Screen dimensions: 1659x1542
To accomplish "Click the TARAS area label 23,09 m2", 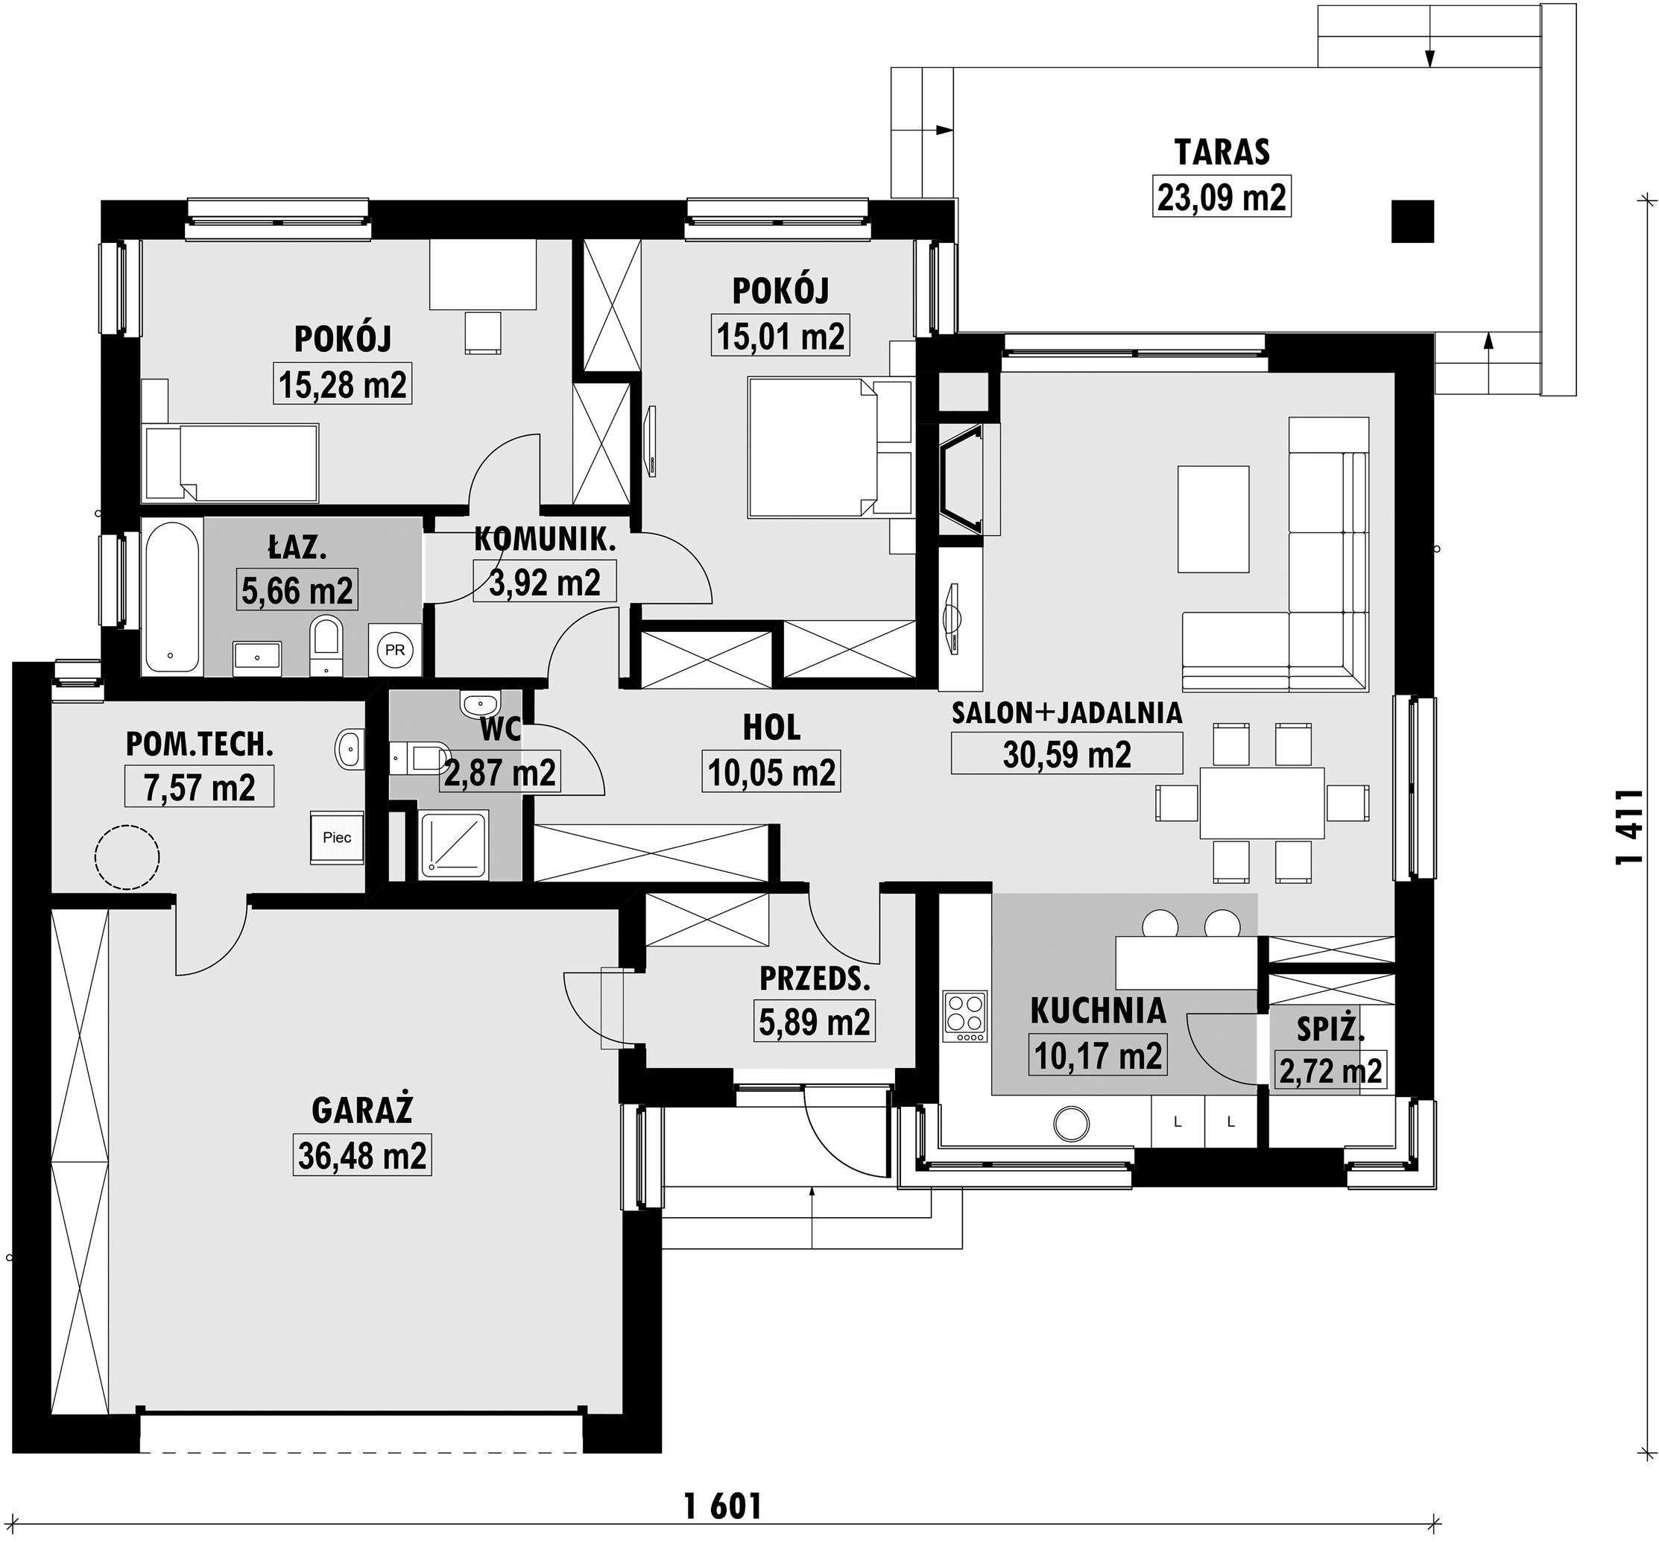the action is coord(1222,198).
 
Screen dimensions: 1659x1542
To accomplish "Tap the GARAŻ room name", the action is coord(362,1110).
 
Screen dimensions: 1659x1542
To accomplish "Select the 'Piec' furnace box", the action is coord(337,838).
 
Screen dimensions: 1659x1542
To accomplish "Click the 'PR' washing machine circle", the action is coord(395,650).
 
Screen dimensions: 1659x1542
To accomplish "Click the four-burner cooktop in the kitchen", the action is coord(964,1017).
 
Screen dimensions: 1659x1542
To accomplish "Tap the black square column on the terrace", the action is coord(1412,221).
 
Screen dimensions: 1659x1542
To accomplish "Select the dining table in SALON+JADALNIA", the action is coord(1262,803).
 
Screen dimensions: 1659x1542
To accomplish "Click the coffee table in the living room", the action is coord(1213,519).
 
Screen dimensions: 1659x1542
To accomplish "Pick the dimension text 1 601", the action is coord(723,1483).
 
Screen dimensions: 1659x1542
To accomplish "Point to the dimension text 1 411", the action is coord(1629,838).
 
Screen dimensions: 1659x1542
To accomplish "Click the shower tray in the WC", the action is coord(453,844).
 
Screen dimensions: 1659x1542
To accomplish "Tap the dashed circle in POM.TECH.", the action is coord(127,856).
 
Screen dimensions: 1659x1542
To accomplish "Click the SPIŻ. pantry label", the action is coord(1330,1031).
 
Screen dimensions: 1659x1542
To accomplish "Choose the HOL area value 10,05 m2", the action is coord(771,772).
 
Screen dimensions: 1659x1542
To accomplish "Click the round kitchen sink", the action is coord(1072,1124).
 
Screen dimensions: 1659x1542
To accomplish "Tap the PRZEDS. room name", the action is coord(815,979).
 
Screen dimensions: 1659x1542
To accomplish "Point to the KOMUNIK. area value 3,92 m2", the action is coord(544,581).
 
